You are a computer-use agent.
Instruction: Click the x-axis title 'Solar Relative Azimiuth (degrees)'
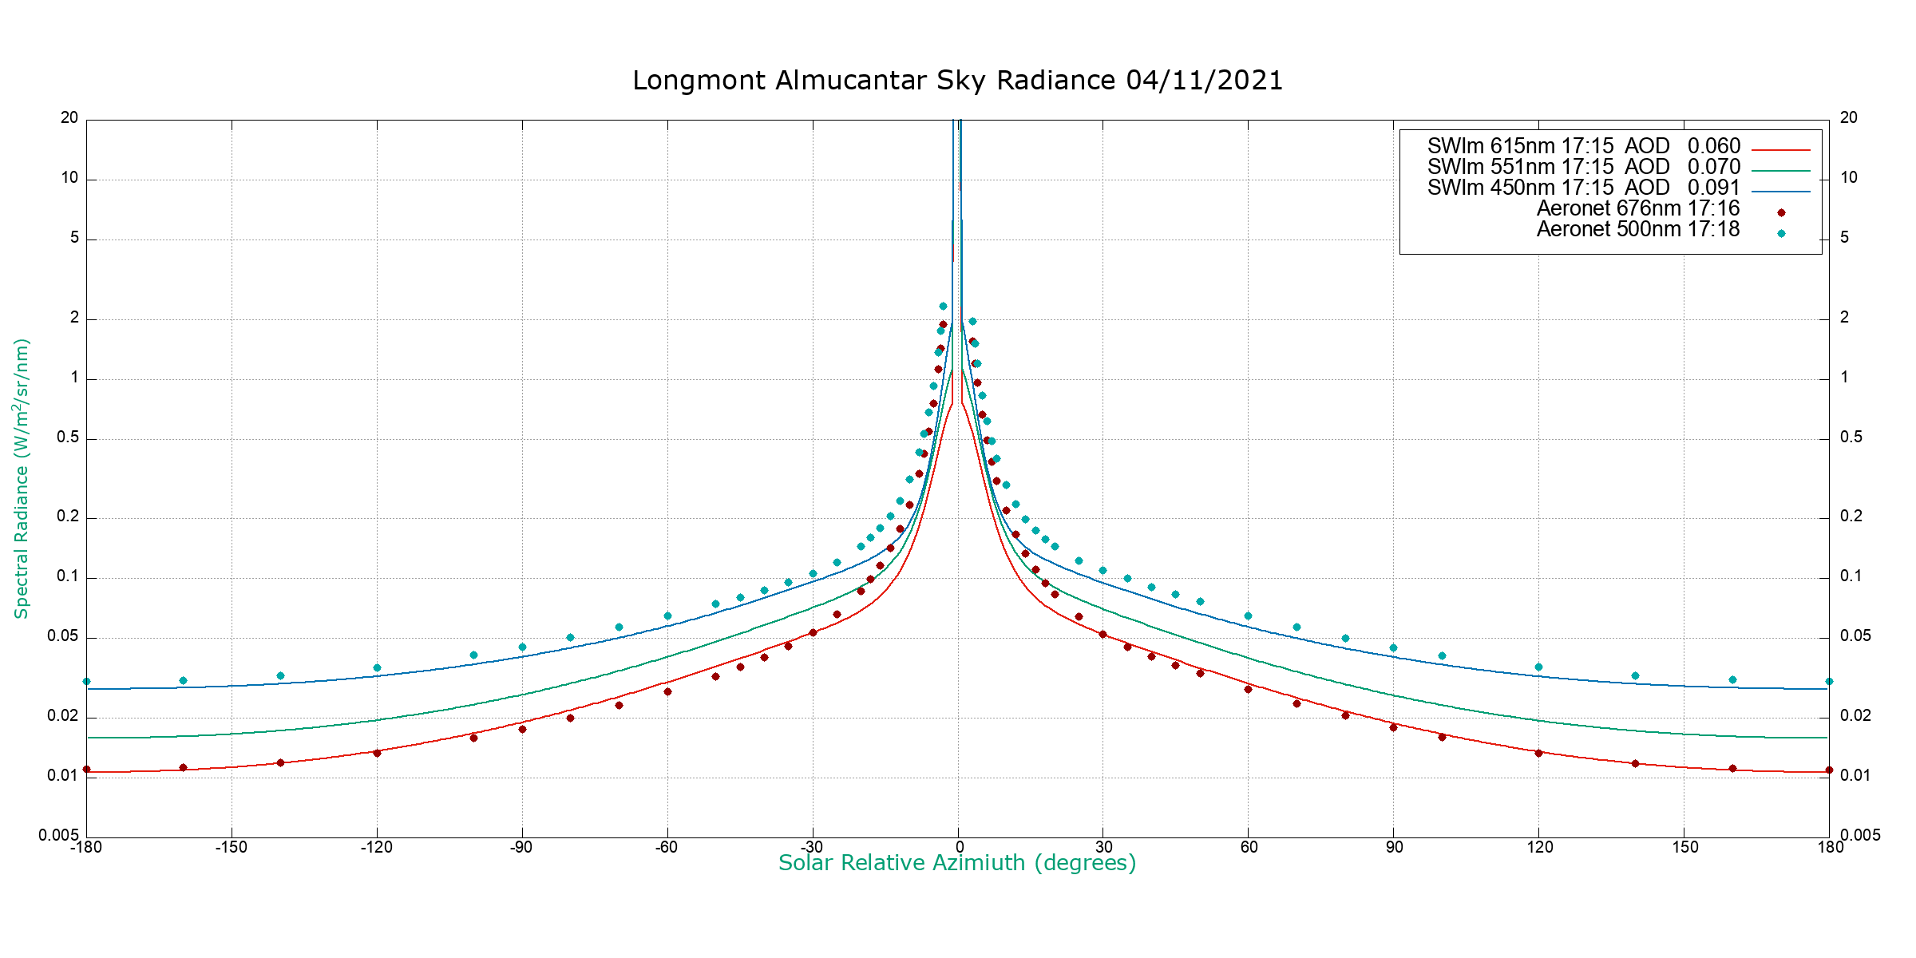[956, 863]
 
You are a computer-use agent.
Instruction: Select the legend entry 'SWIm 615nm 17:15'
[1520, 147]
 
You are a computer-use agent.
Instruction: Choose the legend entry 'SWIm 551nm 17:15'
[1520, 168]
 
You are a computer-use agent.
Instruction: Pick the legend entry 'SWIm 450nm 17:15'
[1520, 188]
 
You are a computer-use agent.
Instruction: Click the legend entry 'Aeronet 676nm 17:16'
[1637, 209]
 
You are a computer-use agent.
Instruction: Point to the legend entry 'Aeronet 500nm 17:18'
[1637, 230]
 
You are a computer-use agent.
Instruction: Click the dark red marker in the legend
[1781, 213]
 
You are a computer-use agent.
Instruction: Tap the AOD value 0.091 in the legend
[1713, 188]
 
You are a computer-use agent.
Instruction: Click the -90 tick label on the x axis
[521, 847]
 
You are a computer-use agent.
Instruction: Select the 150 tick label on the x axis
[1685, 847]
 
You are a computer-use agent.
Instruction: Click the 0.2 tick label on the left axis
[68, 517]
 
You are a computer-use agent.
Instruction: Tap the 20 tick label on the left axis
[69, 118]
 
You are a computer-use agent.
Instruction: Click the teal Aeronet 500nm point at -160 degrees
[183, 680]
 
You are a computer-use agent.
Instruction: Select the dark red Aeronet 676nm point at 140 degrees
[1635, 763]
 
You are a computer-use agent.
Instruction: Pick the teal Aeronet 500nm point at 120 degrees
[1538, 667]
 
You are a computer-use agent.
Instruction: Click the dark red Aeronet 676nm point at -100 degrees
[473, 738]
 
